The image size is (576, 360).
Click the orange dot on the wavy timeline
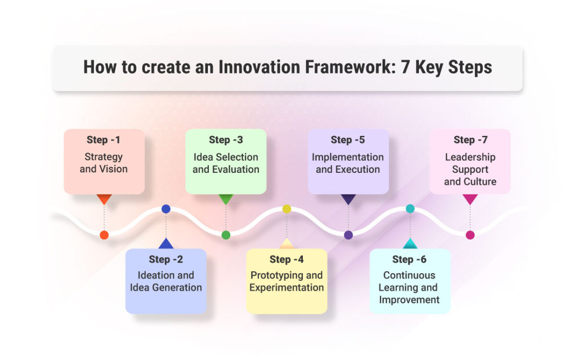(x=104, y=235)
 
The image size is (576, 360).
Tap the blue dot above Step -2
(x=166, y=209)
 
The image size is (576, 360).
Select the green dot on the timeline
(x=226, y=235)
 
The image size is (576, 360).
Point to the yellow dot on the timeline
(x=287, y=209)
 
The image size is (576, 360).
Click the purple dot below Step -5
(x=348, y=235)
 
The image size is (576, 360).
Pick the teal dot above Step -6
(x=410, y=209)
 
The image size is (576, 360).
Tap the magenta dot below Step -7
(x=470, y=235)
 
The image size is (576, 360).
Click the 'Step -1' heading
(x=104, y=140)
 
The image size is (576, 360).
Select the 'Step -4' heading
(x=287, y=260)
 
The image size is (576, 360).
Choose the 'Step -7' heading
(x=470, y=140)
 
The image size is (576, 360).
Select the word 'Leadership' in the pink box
(x=470, y=157)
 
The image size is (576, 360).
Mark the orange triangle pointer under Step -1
(x=104, y=199)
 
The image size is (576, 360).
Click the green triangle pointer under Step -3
(x=226, y=199)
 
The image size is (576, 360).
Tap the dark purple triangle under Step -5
(x=348, y=199)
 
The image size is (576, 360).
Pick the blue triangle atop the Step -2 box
(x=166, y=244)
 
